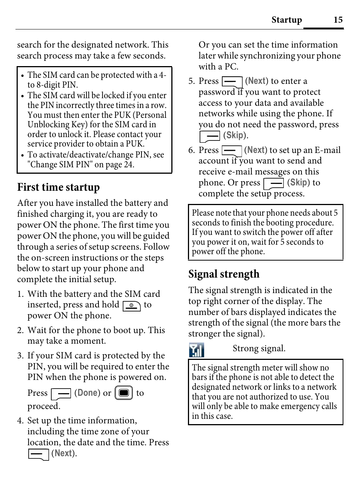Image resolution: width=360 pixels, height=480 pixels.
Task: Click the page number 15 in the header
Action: (338, 20)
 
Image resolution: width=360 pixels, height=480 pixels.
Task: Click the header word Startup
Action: (286, 20)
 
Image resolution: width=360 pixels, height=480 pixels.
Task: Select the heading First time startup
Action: (58, 187)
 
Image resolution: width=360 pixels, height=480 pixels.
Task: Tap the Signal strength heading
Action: (224, 274)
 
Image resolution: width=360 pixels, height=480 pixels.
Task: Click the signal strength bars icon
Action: (196, 350)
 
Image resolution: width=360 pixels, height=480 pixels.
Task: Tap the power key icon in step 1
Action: (131, 306)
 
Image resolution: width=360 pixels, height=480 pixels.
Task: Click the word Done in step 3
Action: (87, 393)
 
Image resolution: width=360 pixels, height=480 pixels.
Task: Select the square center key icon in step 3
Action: (123, 393)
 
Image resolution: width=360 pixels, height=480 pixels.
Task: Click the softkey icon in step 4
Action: (38, 454)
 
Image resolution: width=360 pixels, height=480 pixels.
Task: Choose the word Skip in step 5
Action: (235, 135)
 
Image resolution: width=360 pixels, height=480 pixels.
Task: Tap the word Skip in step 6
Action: (298, 182)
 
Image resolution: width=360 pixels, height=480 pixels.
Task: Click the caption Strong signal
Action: (259, 348)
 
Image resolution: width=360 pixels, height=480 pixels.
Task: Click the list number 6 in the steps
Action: (191, 150)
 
